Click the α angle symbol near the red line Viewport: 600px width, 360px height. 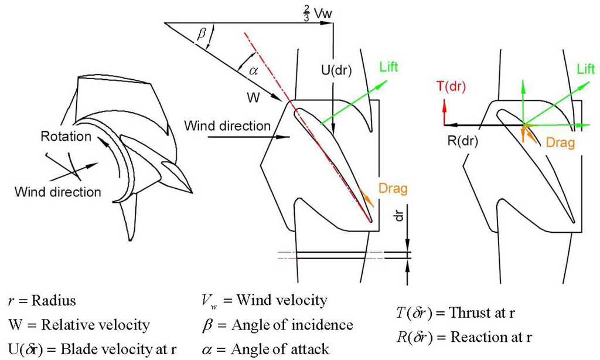pyautogui.click(x=253, y=71)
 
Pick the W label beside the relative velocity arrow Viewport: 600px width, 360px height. pyautogui.click(x=253, y=97)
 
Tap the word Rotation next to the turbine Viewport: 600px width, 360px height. pyautogui.click(x=66, y=137)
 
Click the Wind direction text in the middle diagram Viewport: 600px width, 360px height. pyautogui.click(x=227, y=125)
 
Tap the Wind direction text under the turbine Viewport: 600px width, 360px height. pyautogui.click(x=57, y=191)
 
